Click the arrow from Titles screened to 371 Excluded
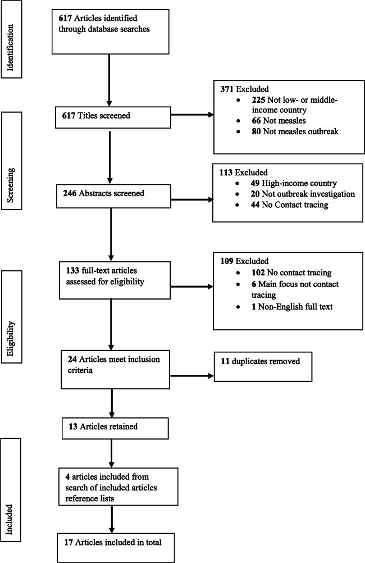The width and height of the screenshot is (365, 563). [191, 116]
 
